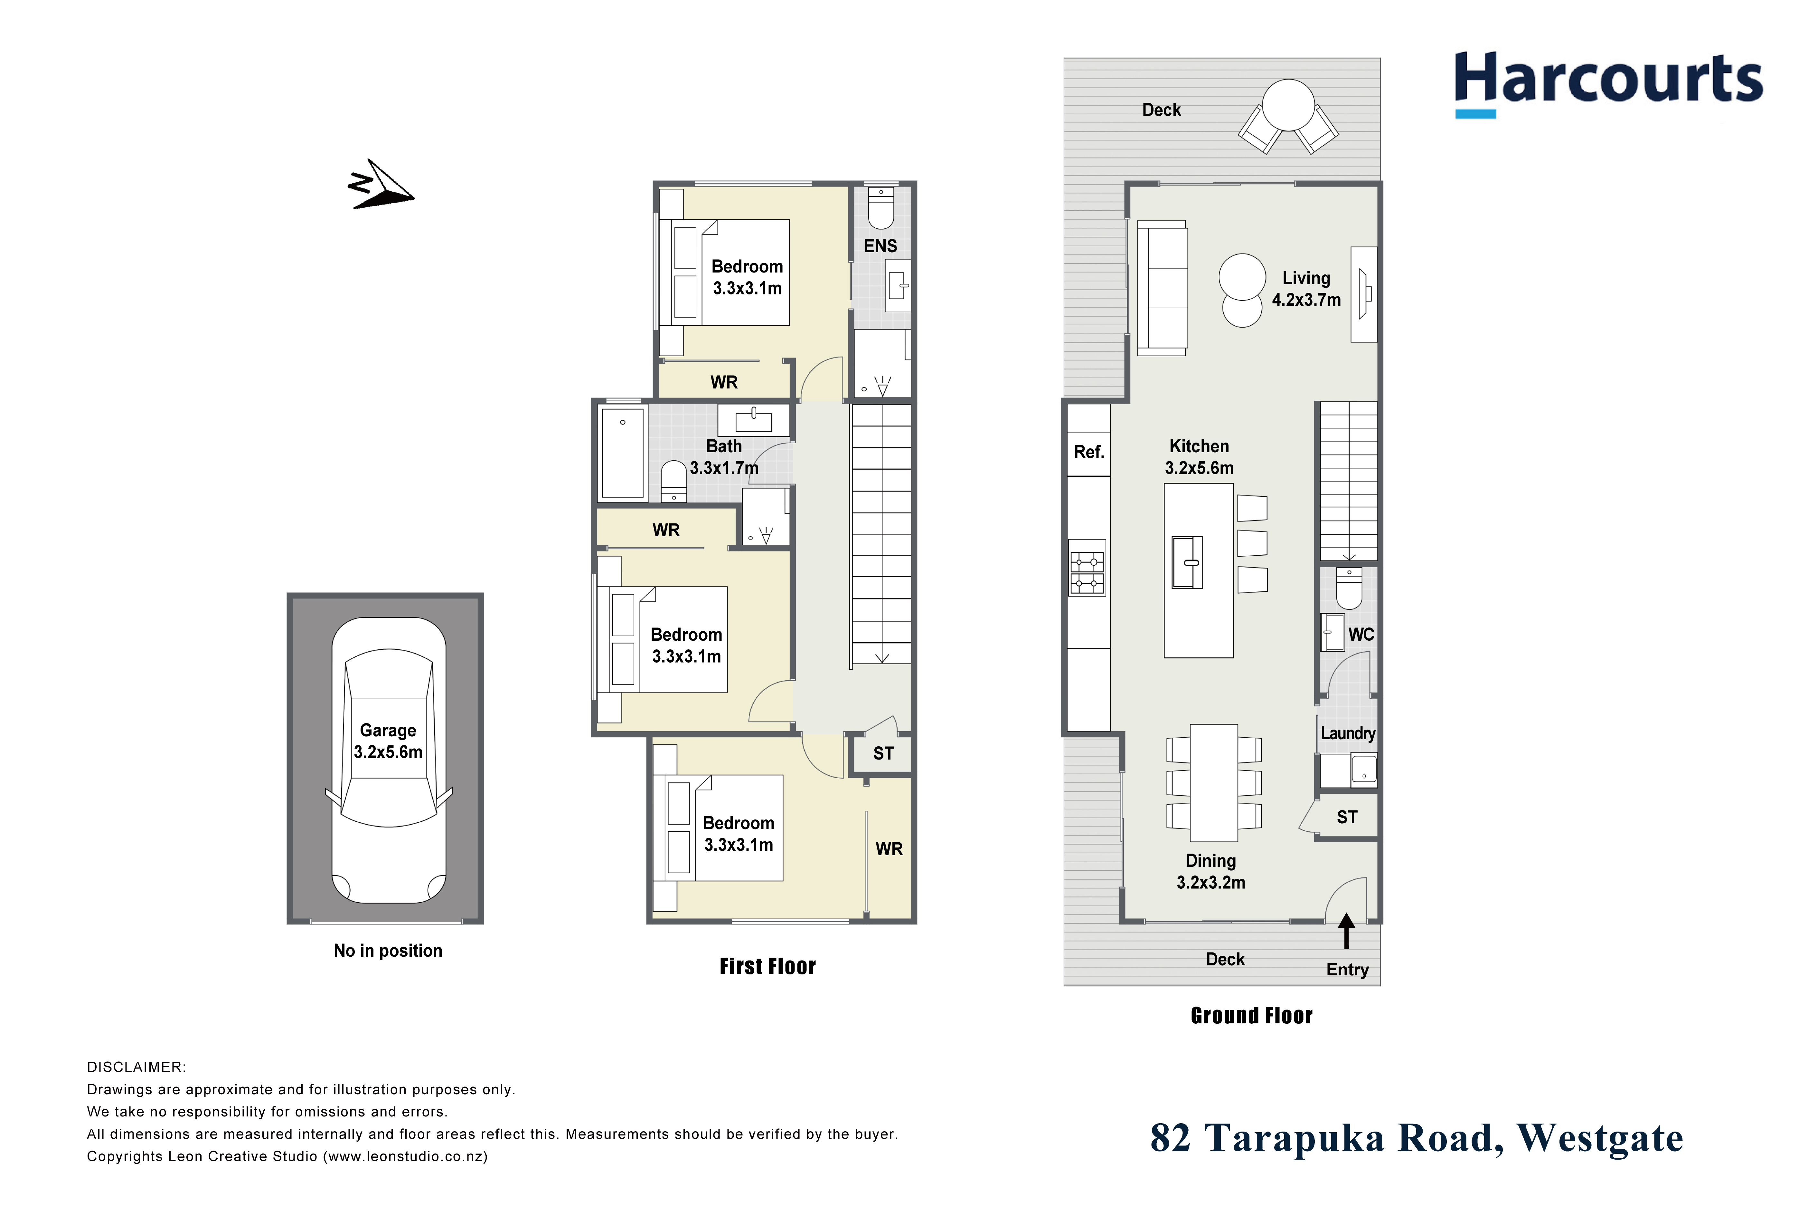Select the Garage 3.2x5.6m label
tap(388, 741)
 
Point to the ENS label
tap(880, 246)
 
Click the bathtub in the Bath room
tap(623, 454)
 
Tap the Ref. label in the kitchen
tap(1088, 452)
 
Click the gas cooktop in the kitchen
tap(1087, 568)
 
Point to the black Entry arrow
tap(1346, 931)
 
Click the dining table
tap(1214, 782)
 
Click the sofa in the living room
tap(1162, 288)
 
